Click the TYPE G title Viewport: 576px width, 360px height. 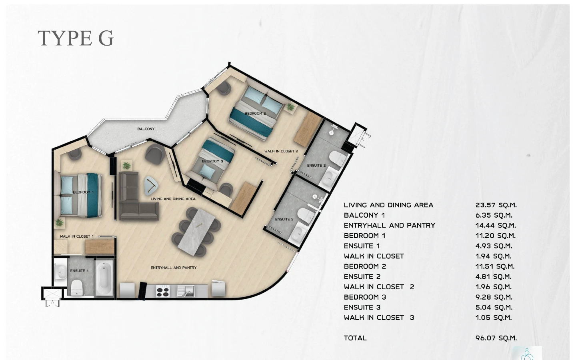click(x=76, y=38)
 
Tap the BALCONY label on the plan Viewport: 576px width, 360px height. click(x=146, y=129)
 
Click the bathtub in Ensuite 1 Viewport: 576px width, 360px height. click(x=104, y=277)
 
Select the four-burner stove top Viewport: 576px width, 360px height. click(x=163, y=291)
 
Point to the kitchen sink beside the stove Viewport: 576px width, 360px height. click(x=186, y=291)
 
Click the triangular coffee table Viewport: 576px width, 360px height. click(x=151, y=185)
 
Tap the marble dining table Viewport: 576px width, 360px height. click(x=196, y=232)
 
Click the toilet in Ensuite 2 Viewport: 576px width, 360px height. click(x=338, y=158)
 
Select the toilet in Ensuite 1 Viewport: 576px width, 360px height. click(x=76, y=288)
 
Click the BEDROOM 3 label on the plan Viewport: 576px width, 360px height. click(x=212, y=161)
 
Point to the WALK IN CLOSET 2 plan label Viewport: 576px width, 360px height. click(x=281, y=151)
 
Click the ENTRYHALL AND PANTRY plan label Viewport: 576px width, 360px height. click(x=174, y=268)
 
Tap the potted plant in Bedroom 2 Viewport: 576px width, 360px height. click(x=290, y=107)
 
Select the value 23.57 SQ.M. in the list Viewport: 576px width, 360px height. click(x=496, y=205)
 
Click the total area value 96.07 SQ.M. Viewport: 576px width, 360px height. click(x=496, y=338)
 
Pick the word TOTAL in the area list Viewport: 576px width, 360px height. click(x=355, y=338)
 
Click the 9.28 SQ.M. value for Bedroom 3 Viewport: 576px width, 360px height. click(x=494, y=297)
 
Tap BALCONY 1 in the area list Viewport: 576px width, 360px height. click(x=364, y=215)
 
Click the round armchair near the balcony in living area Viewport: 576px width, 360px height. click(x=155, y=154)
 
